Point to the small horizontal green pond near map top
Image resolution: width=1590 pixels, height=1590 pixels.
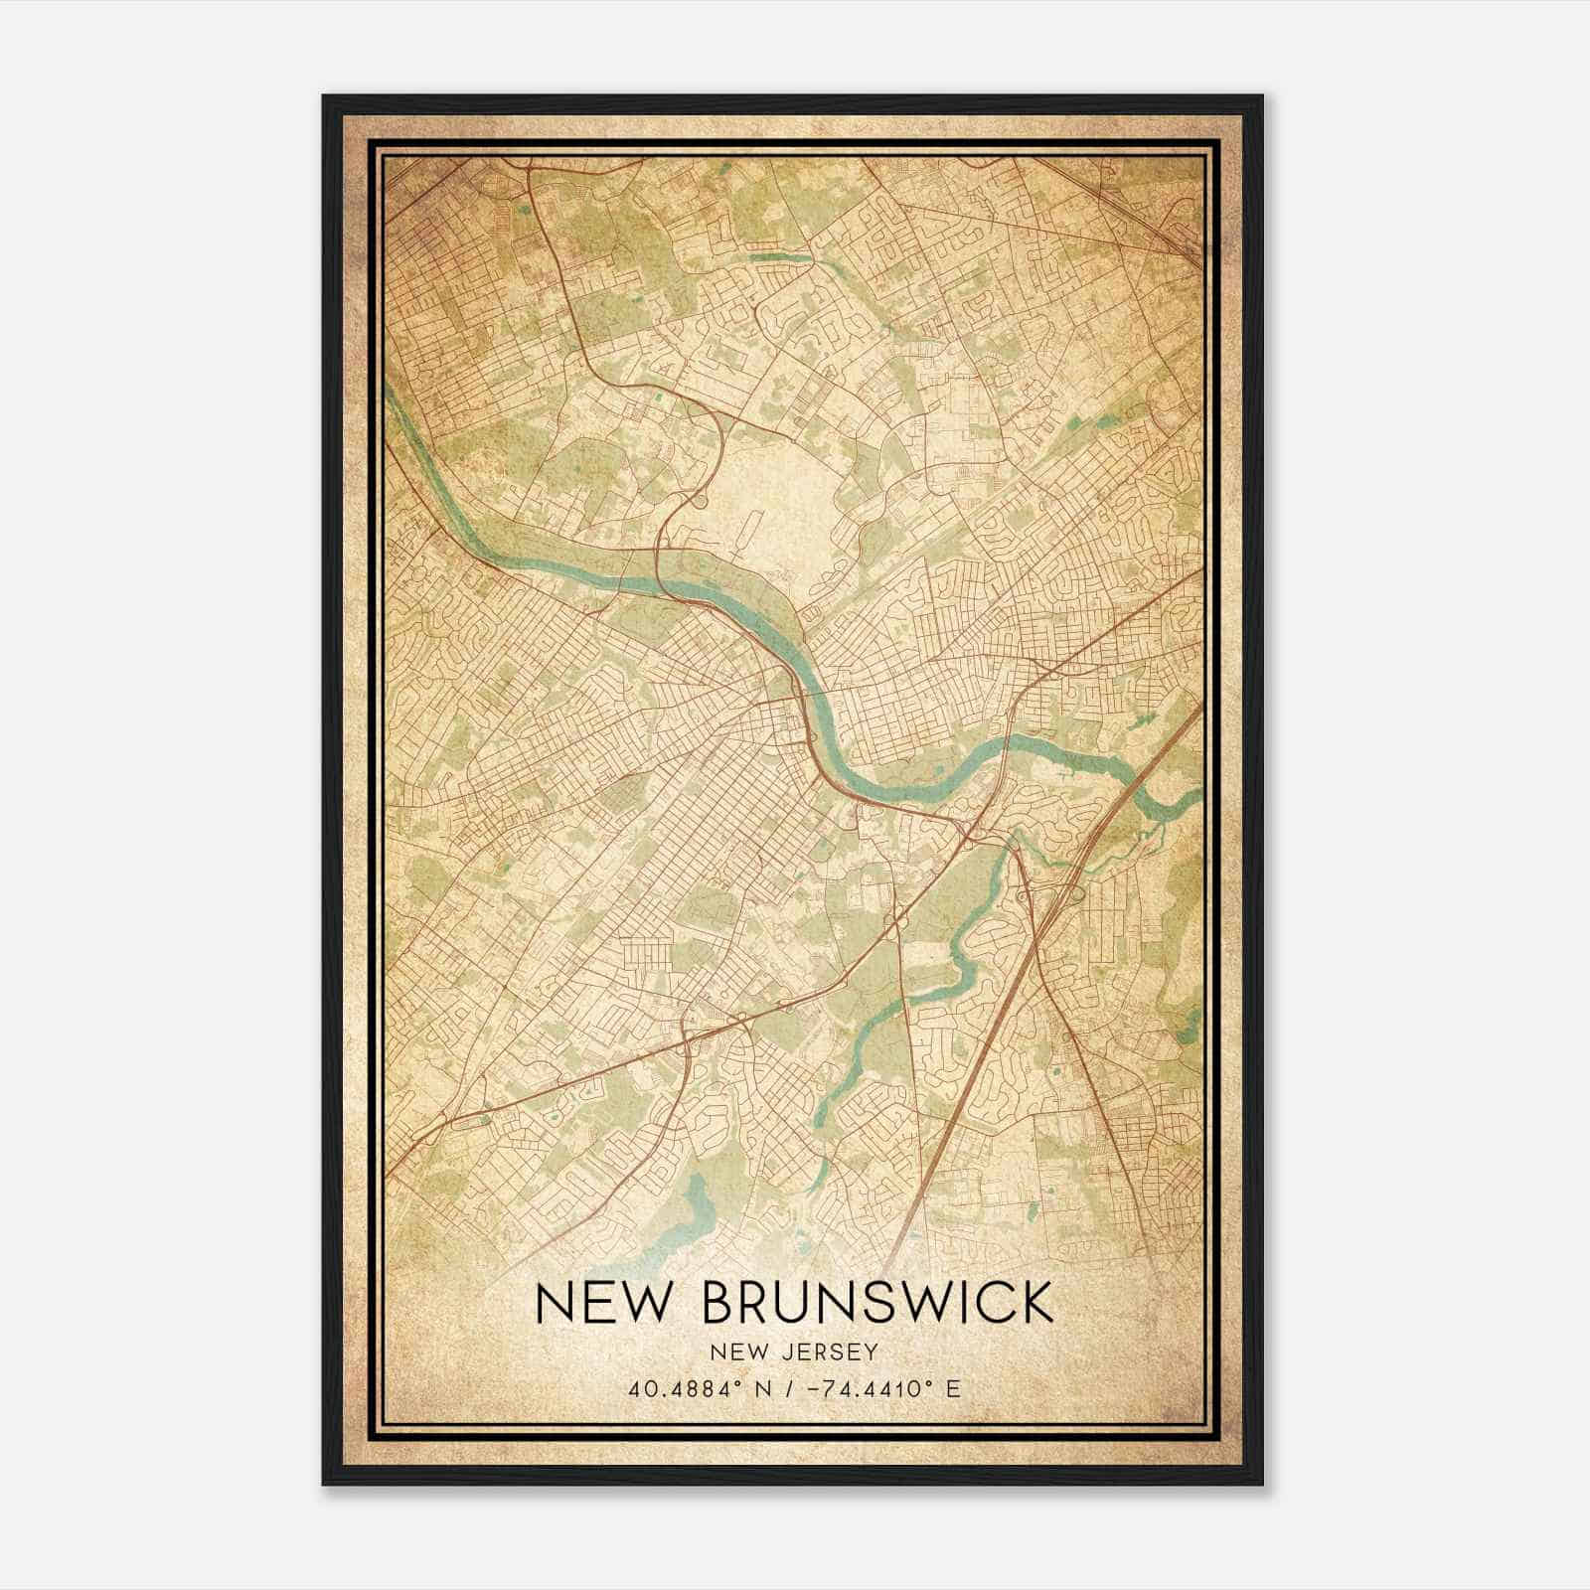[780, 257]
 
